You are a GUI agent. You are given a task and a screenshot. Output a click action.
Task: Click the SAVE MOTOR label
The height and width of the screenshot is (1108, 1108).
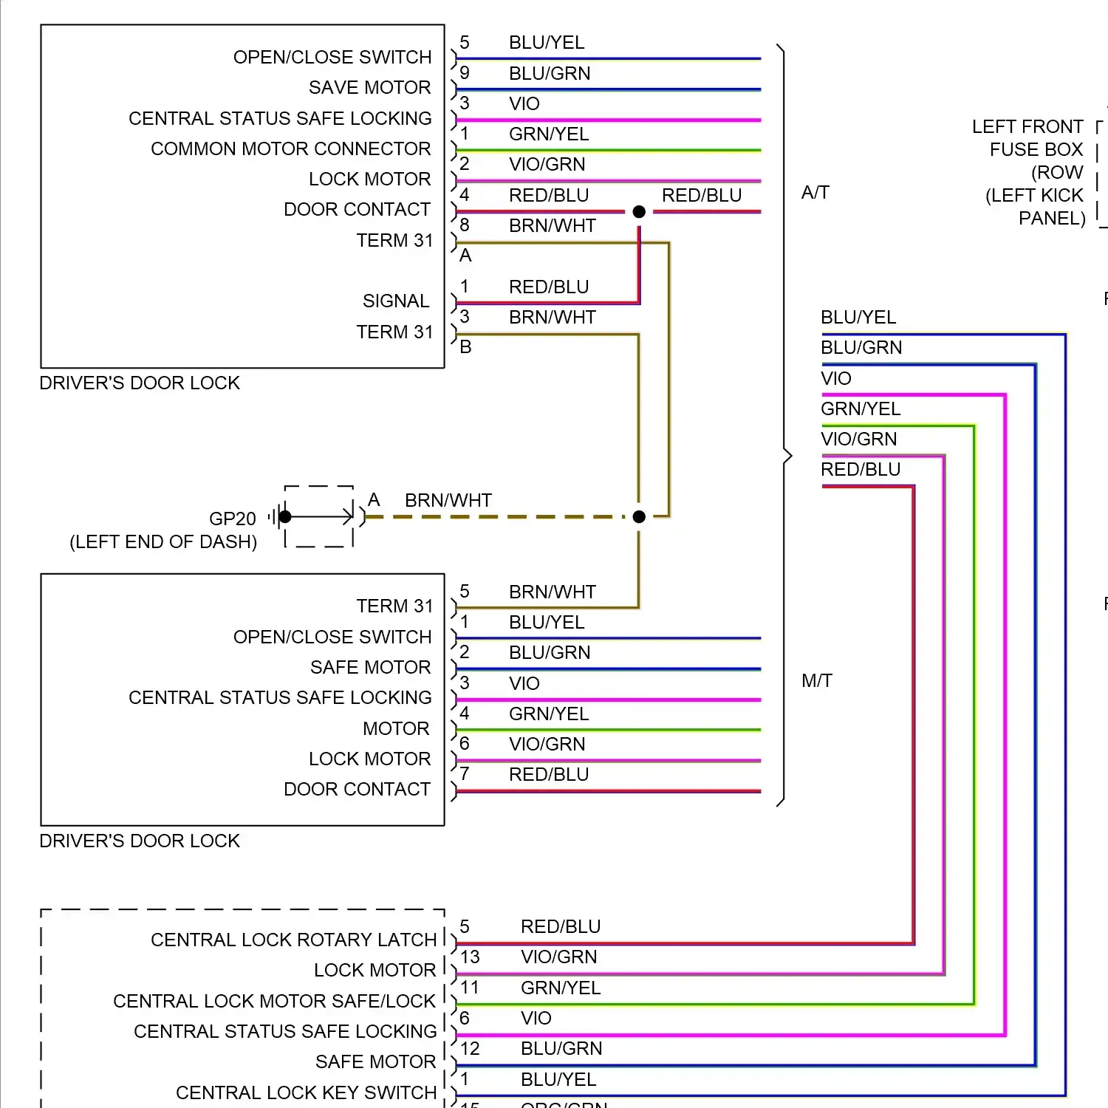[x=369, y=88]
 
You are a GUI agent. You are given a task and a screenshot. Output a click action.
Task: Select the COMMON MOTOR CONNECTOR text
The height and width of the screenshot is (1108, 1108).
[x=290, y=149]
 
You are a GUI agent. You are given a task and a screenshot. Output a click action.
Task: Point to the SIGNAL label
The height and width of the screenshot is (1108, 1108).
[x=396, y=301]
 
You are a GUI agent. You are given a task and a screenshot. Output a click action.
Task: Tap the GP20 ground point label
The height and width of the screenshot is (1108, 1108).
[x=233, y=519]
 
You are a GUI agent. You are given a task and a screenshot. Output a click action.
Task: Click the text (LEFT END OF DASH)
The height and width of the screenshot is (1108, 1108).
[x=163, y=542]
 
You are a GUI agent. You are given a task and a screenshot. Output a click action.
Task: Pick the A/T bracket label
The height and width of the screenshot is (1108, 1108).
[x=815, y=193]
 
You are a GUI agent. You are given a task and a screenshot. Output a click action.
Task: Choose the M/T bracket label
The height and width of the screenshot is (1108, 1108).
[x=817, y=681]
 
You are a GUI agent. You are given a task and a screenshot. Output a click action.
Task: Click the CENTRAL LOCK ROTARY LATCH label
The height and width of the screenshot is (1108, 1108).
[x=293, y=940]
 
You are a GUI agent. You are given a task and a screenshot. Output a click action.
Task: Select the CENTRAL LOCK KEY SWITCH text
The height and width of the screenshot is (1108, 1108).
[x=306, y=1092]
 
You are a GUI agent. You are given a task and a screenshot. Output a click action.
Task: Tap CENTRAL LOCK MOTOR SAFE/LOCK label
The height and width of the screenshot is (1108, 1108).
[x=274, y=1002]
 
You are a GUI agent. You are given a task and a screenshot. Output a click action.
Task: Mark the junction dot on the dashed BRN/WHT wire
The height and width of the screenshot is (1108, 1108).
[x=639, y=517]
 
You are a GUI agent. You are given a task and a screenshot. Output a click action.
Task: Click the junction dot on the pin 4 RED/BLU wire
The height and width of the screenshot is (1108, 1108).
[x=639, y=212]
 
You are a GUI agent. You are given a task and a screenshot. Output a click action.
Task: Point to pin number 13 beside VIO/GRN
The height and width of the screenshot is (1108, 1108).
[x=470, y=957]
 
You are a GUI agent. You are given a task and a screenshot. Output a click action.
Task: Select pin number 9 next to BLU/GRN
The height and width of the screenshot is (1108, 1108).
[x=465, y=73]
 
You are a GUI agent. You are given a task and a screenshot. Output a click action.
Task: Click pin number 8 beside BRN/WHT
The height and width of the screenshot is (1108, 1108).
[x=465, y=225]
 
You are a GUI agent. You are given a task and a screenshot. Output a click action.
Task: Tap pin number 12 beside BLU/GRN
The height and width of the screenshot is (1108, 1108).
[x=470, y=1049]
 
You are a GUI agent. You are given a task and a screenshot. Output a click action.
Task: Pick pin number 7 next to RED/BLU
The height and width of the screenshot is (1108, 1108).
[x=465, y=774]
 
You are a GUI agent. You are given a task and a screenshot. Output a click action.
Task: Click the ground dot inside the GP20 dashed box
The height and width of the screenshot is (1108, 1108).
[x=285, y=517]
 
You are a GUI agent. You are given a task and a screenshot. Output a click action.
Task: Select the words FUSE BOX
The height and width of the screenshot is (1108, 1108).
[x=1036, y=150]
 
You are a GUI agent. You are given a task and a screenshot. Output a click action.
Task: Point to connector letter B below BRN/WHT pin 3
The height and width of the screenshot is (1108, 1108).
[x=465, y=347]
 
